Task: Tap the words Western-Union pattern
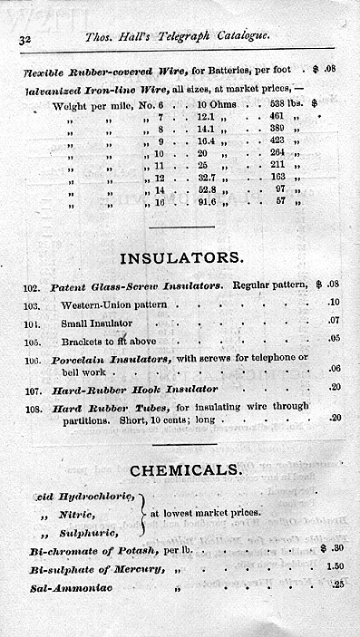pos(114,304)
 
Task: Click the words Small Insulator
pos(97,323)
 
